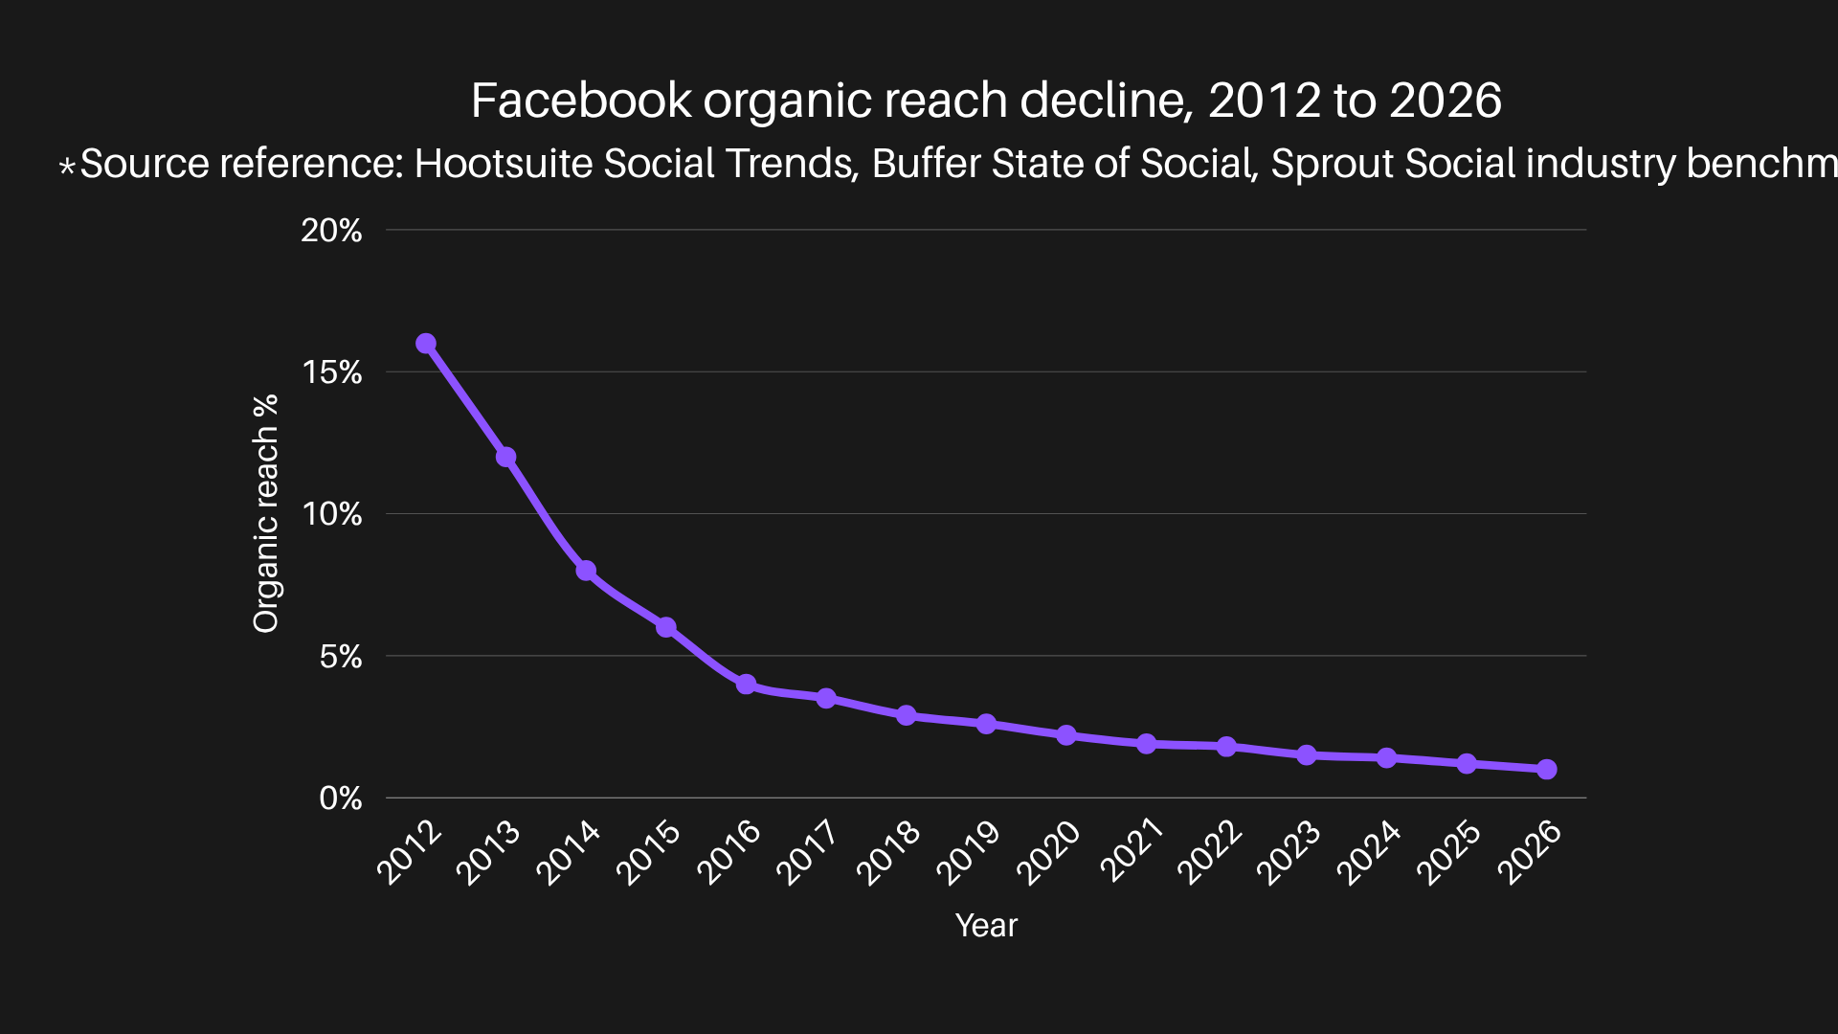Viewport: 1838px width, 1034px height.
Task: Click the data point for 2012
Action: (426, 344)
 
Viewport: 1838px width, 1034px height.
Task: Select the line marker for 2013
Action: (506, 458)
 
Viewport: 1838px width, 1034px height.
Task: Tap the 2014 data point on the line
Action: (586, 571)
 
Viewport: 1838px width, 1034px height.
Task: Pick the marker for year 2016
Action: (747, 685)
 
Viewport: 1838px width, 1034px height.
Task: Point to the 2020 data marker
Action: (1066, 735)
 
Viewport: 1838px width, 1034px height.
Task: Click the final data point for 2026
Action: (1547, 769)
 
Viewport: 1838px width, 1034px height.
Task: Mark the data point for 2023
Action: (1307, 755)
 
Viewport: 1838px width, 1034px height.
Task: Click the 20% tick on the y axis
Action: (331, 231)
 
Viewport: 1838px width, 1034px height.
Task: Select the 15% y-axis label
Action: (331, 372)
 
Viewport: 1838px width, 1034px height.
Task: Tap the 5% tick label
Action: (341, 657)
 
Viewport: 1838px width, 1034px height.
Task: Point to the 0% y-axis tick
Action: (341, 798)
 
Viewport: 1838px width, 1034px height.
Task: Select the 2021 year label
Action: (1130, 852)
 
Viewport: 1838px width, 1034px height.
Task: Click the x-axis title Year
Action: (986, 926)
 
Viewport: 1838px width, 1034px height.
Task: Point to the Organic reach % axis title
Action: (265, 513)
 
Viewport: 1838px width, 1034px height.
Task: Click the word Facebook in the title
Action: (581, 101)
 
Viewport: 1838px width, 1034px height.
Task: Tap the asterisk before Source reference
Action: (67, 168)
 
